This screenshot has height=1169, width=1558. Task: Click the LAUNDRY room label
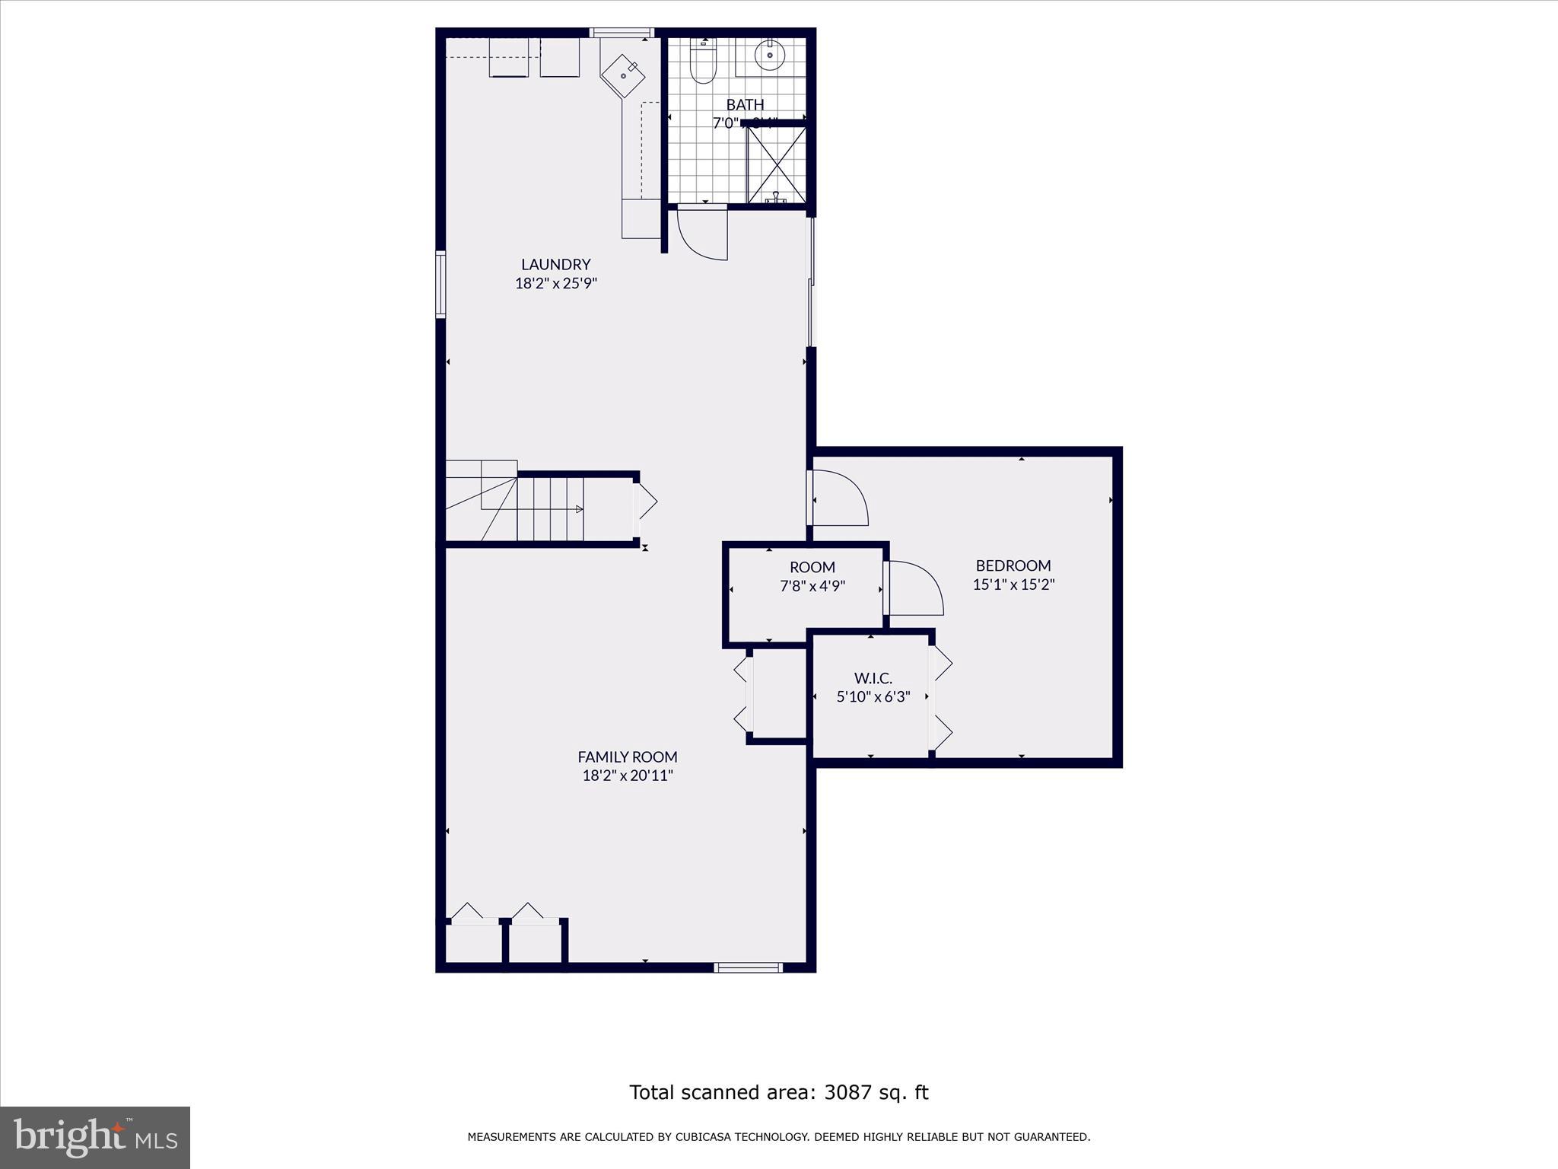(555, 264)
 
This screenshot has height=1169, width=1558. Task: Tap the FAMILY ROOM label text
(627, 757)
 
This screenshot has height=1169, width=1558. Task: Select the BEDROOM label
(1013, 565)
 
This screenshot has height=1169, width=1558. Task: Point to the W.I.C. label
(873, 677)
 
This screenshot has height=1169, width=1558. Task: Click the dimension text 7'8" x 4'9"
(812, 586)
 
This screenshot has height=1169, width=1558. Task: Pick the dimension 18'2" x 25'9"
(555, 283)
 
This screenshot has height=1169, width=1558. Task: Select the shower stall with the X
(776, 165)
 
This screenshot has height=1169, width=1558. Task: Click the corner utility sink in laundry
(623, 75)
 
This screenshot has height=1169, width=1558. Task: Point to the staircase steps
(550, 508)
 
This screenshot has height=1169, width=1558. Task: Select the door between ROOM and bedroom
(915, 588)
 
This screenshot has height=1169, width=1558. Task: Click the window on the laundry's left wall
(440, 283)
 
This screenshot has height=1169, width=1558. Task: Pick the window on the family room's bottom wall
(748, 967)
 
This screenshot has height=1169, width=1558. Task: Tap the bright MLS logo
(94, 1137)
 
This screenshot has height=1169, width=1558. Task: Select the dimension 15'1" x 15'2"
(1013, 584)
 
